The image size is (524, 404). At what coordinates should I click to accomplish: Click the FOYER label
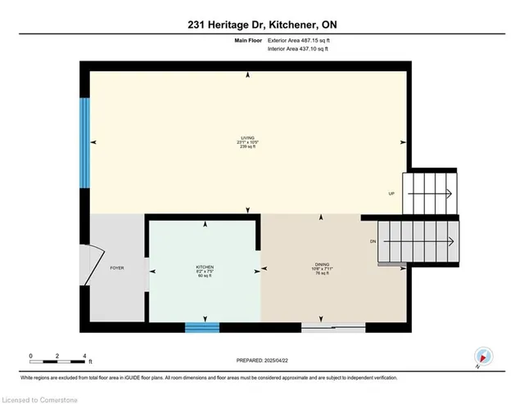tap(116, 267)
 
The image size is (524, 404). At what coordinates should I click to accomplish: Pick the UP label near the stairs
tap(391, 193)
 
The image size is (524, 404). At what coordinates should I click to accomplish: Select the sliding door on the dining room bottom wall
tap(333, 327)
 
